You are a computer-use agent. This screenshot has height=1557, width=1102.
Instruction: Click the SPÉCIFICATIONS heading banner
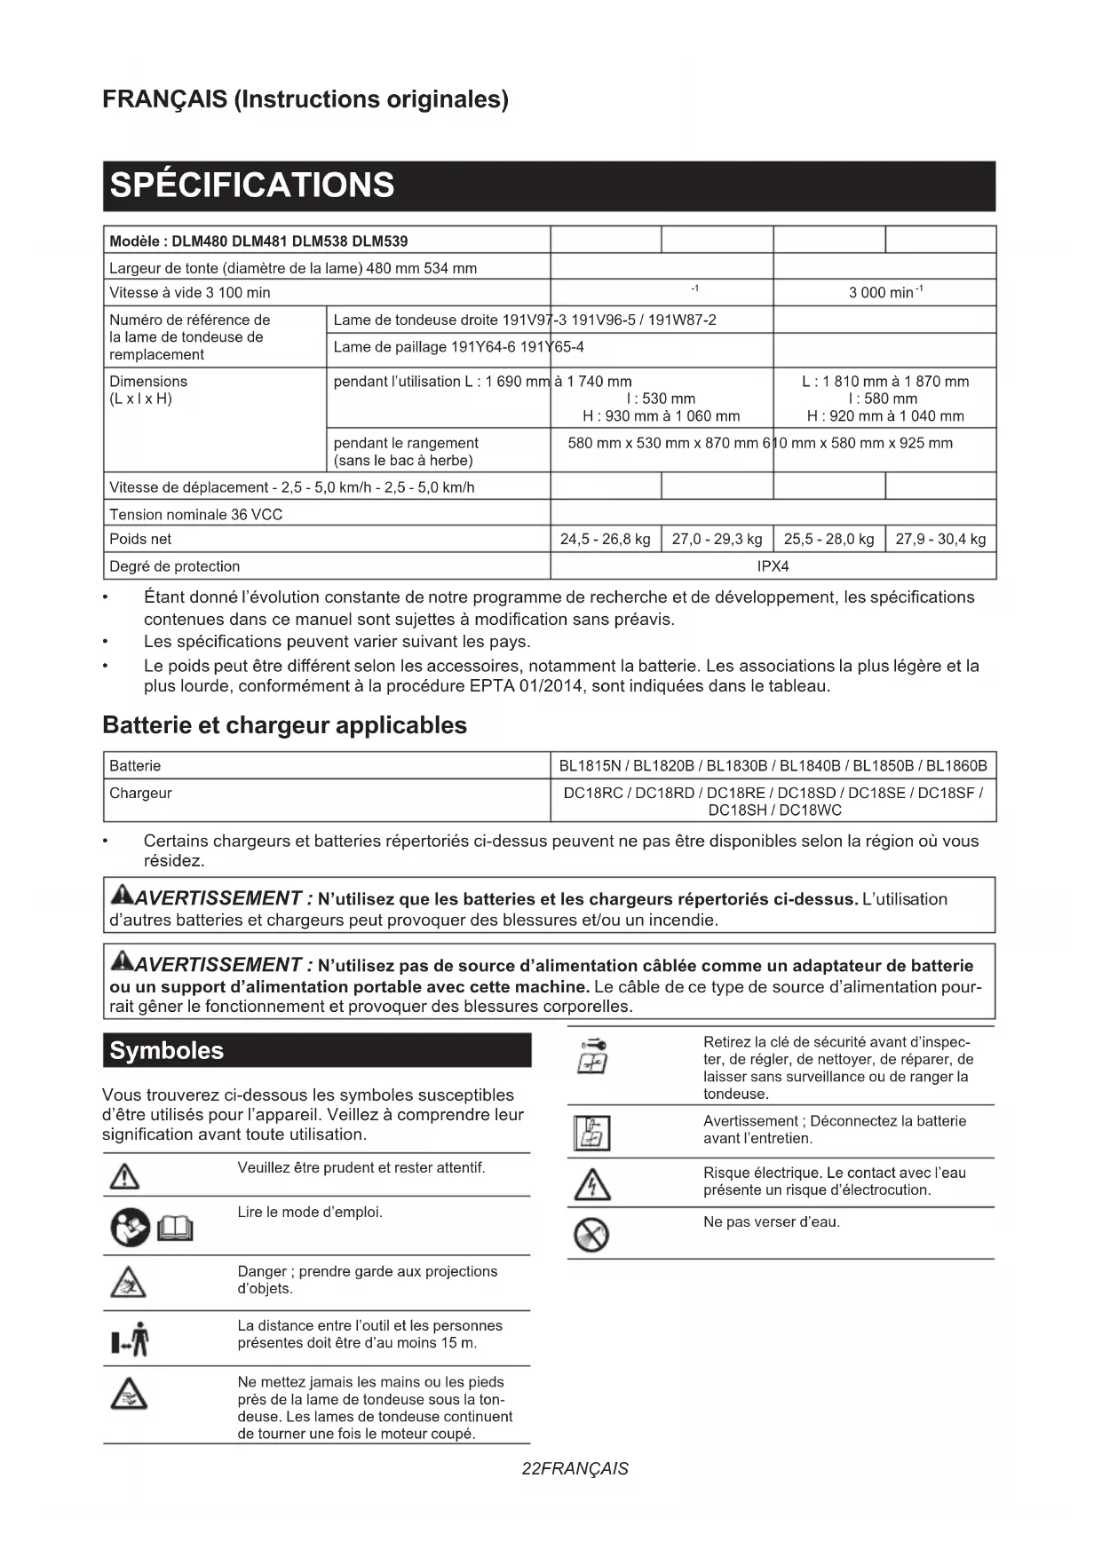252,186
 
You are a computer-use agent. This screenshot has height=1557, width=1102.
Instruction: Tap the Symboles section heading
167,1051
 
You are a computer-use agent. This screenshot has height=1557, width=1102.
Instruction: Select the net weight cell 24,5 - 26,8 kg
605,539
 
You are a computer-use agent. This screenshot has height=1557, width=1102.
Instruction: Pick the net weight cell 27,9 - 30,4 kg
940,539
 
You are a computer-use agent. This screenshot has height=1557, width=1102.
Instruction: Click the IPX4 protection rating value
773,566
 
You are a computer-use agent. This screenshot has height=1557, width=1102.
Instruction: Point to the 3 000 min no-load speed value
884,293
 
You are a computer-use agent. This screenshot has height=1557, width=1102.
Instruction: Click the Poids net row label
140,539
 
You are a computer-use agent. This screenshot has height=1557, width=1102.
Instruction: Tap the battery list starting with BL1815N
773,766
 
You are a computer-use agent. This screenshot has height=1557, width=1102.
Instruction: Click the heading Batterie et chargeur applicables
284,725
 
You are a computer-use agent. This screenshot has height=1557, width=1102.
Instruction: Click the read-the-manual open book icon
175,1229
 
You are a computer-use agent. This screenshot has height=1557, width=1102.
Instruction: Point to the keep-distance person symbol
131,1339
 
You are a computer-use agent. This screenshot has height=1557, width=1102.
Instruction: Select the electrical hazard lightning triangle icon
591,1184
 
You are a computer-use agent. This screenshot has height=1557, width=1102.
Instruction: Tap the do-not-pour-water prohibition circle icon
591,1234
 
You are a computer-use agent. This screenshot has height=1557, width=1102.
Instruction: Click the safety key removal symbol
592,1055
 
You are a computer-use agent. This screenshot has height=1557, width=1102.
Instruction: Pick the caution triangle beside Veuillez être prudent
124,1177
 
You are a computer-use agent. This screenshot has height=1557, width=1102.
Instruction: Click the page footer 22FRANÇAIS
575,1468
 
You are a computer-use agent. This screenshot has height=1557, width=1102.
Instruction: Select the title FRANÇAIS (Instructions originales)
305,99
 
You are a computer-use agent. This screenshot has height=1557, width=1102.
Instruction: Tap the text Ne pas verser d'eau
771,1222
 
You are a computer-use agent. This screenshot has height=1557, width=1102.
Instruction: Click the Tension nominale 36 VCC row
195,514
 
